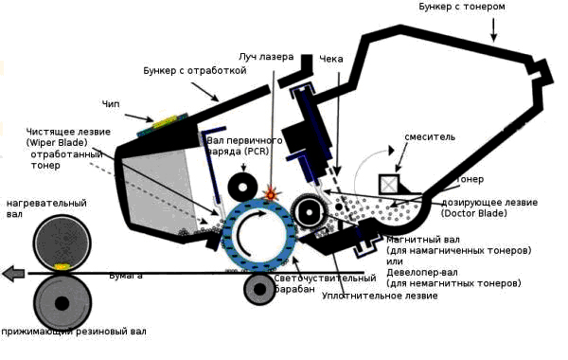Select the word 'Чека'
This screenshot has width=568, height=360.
[331, 59]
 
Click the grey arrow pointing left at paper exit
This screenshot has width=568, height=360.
[13, 274]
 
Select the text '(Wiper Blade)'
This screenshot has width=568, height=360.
[56, 142]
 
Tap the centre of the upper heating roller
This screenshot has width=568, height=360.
[62, 243]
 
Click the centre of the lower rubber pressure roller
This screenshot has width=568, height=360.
[62, 303]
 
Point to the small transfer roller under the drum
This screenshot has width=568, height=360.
[258, 288]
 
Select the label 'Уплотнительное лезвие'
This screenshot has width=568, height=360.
[380, 297]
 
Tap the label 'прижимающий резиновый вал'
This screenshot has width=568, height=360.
[75, 332]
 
